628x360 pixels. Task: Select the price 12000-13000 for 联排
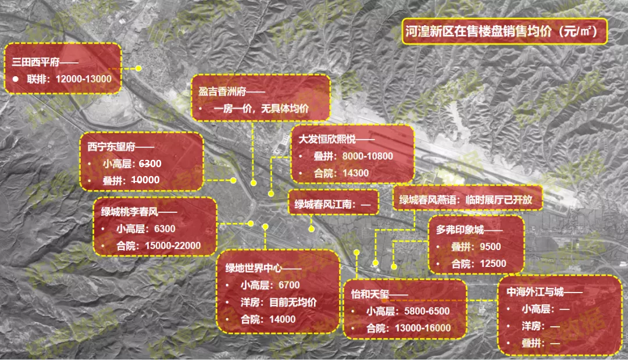tap(84, 79)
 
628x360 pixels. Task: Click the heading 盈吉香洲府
tap(223, 91)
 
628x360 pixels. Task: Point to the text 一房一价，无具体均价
tap(261, 109)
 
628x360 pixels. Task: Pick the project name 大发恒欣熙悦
tap(329, 140)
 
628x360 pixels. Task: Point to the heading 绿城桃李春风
tap(130, 212)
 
